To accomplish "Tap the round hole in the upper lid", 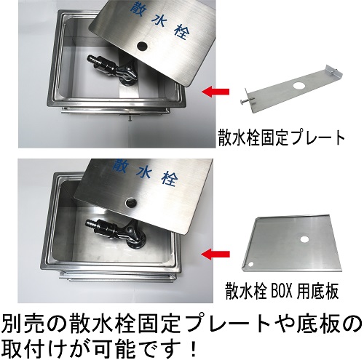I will (141, 46).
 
